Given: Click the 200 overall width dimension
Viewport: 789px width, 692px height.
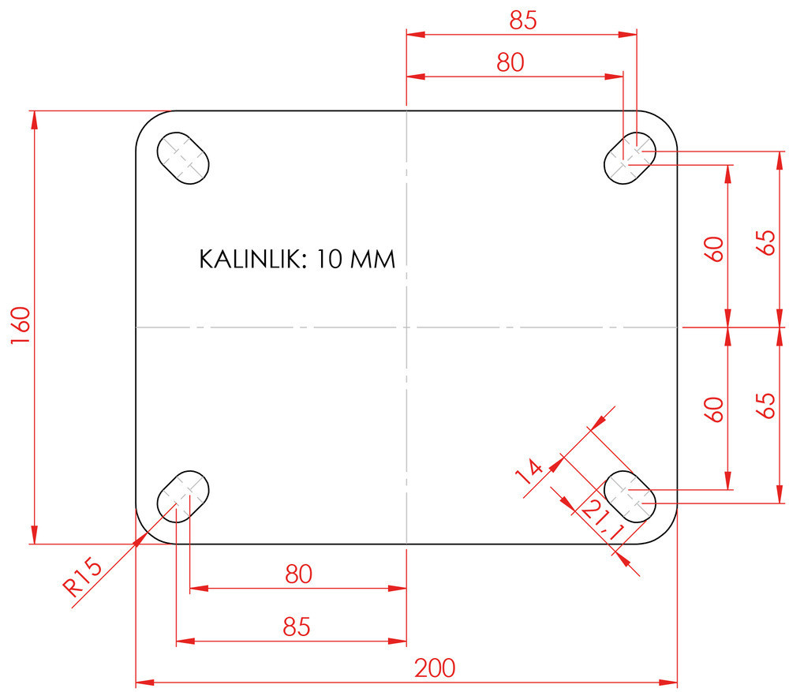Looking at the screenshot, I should pyautogui.click(x=435, y=668).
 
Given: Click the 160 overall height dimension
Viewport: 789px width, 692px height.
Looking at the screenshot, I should pyautogui.click(x=21, y=326).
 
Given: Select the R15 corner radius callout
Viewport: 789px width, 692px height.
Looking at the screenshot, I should pyautogui.click(x=82, y=576).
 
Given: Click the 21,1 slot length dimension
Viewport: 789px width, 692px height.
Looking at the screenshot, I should pyautogui.click(x=600, y=522).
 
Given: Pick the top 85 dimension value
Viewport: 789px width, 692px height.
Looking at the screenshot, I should pyautogui.click(x=522, y=21).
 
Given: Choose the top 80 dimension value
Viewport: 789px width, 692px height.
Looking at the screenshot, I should pyautogui.click(x=510, y=63).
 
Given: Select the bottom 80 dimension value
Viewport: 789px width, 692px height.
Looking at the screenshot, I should pyautogui.click(x=299, y=574).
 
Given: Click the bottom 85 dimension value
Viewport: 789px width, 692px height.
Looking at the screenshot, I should pyautogui.click(x=297, y=627).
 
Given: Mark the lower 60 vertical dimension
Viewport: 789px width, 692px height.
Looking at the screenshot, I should pyautogui.click(x=714, y=409).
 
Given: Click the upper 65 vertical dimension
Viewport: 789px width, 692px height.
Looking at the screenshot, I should pyautogui.click(x=765, y=242).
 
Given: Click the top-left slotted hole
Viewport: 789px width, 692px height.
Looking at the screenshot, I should pyautogui.click(x=184, y=157).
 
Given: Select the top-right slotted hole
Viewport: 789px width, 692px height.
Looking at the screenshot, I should pyautogui.click(x=630, y=157).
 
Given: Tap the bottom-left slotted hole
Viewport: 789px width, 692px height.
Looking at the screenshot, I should pyautogui.click(x=184, y=496).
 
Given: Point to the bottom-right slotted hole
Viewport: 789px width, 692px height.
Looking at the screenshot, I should pyautogui.click(x=630, y=496).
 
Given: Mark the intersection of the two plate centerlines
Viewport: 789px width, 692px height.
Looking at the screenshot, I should pyautogui.click(x=406, y=326).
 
